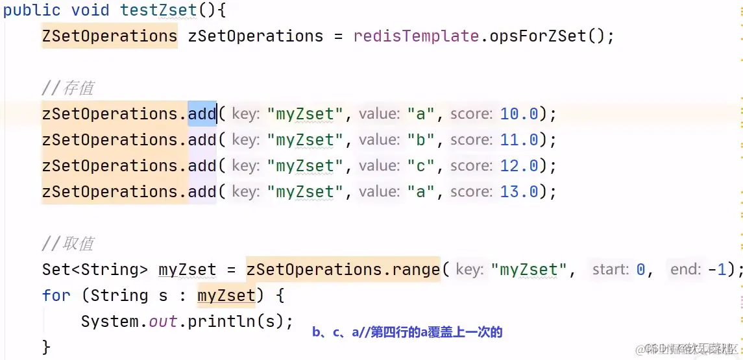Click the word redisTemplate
coord(416,36)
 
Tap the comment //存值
coord(68,88)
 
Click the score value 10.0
coord(519,114)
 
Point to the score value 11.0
coord(519,140)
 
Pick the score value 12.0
coord(519,166)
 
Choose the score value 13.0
coord(519,192)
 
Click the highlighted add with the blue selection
coord(202,114)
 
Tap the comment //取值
coord(68,244)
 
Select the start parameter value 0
coord(640,270)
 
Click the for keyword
coord(56,296)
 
